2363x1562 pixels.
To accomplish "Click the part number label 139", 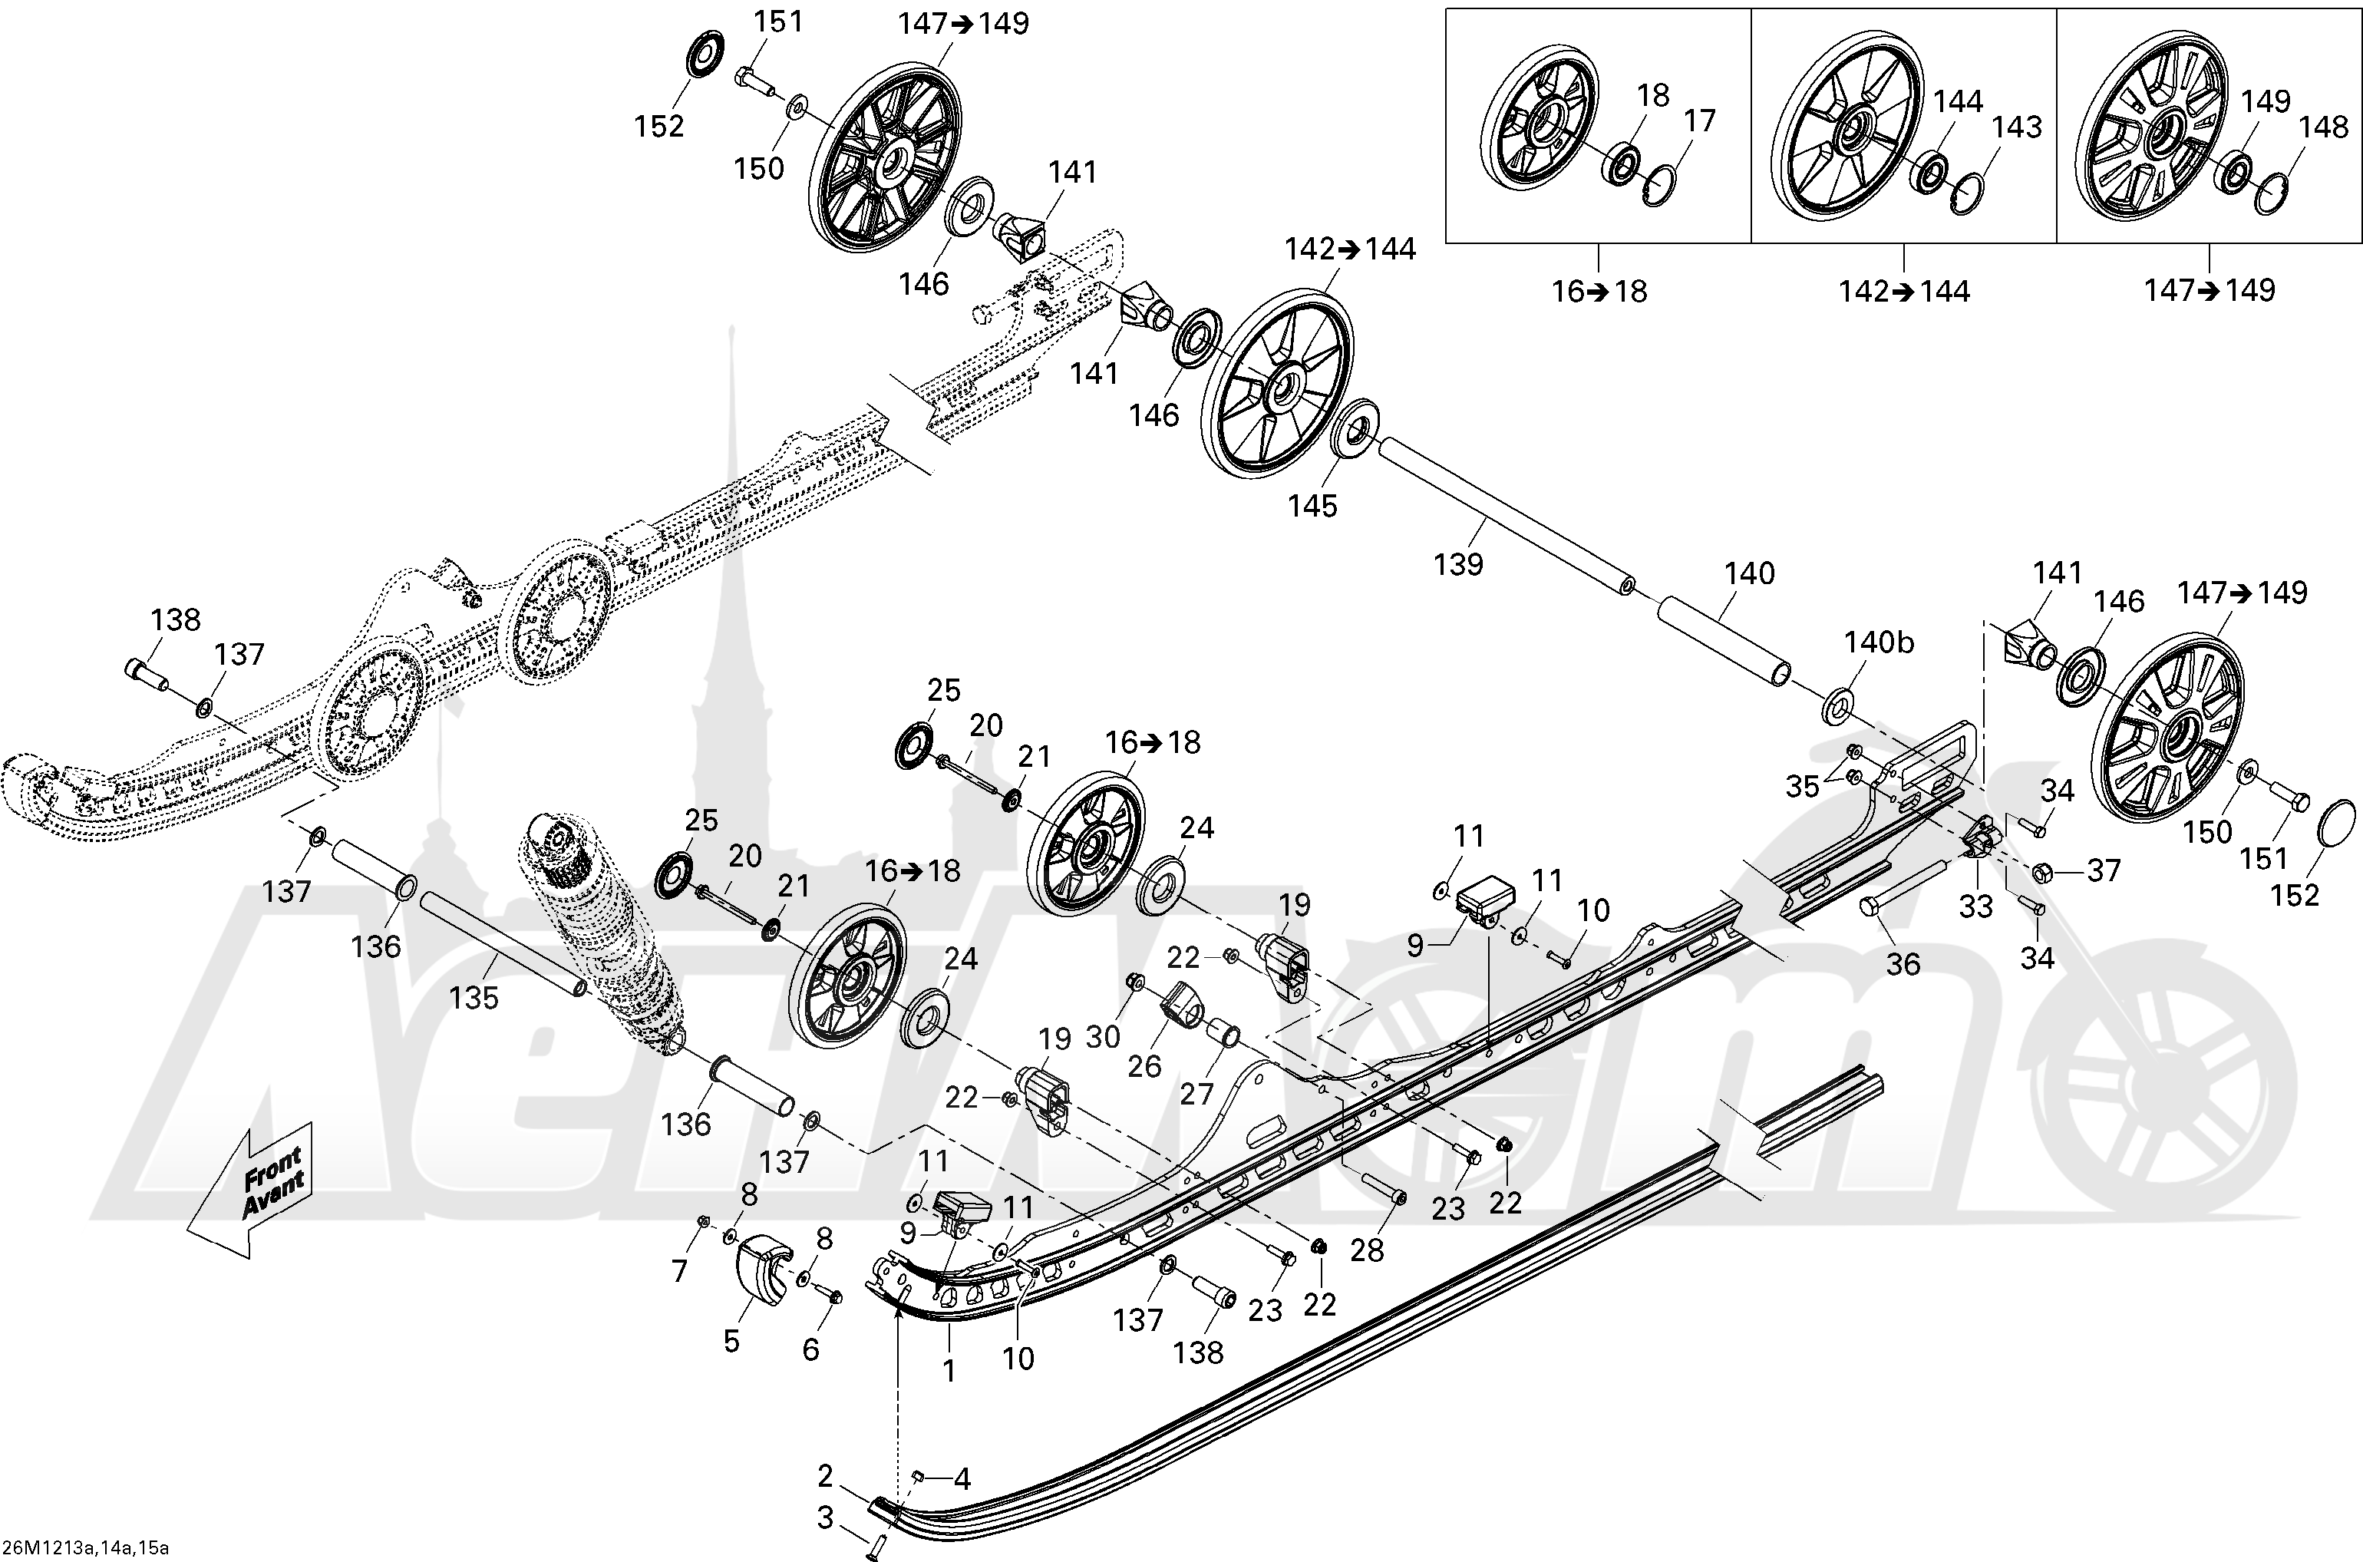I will [1458, 565].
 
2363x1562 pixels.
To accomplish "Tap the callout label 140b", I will [1878, 643].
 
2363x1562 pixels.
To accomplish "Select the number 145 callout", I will [1312, 506].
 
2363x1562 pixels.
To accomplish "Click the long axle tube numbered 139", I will [1503, 515].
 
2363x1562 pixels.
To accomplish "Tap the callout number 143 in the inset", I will [2015, 127].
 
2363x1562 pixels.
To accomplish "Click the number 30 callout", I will [1102, 1037].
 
